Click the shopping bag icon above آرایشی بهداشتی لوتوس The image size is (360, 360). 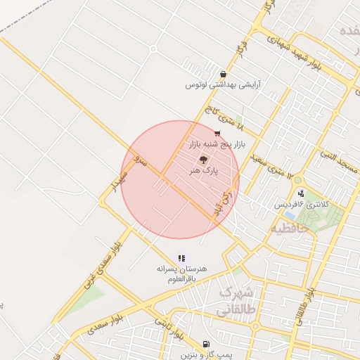pos(223,74)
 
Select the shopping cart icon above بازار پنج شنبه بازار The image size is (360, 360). pos(217,133)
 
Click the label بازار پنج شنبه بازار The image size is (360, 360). pos(217,143)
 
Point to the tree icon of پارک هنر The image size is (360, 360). pos(204,160)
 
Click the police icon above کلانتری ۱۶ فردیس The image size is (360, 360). pos(301,193)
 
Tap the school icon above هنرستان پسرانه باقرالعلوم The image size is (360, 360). pos(181,259)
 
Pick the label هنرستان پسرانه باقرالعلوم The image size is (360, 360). pos(181,274)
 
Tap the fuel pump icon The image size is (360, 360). pos(205,345)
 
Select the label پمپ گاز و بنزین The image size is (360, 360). pos(205,354)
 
